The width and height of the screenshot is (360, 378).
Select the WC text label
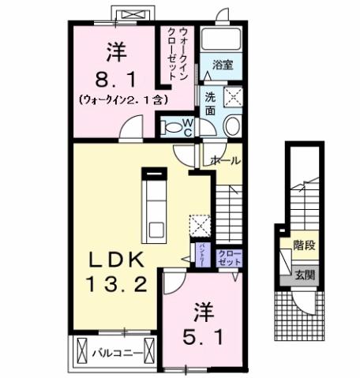pyautogui.click(x=188, y=126)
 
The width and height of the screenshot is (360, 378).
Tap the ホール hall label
pyautogui.click(x=224, y=160)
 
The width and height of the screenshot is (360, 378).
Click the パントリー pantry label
pyautogui.click(x=201, y=257)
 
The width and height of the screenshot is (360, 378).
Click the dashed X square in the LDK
pyautogui.click(x=200, y=226)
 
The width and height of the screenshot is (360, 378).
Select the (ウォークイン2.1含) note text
pyautogui.click(x=122, y=101)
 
